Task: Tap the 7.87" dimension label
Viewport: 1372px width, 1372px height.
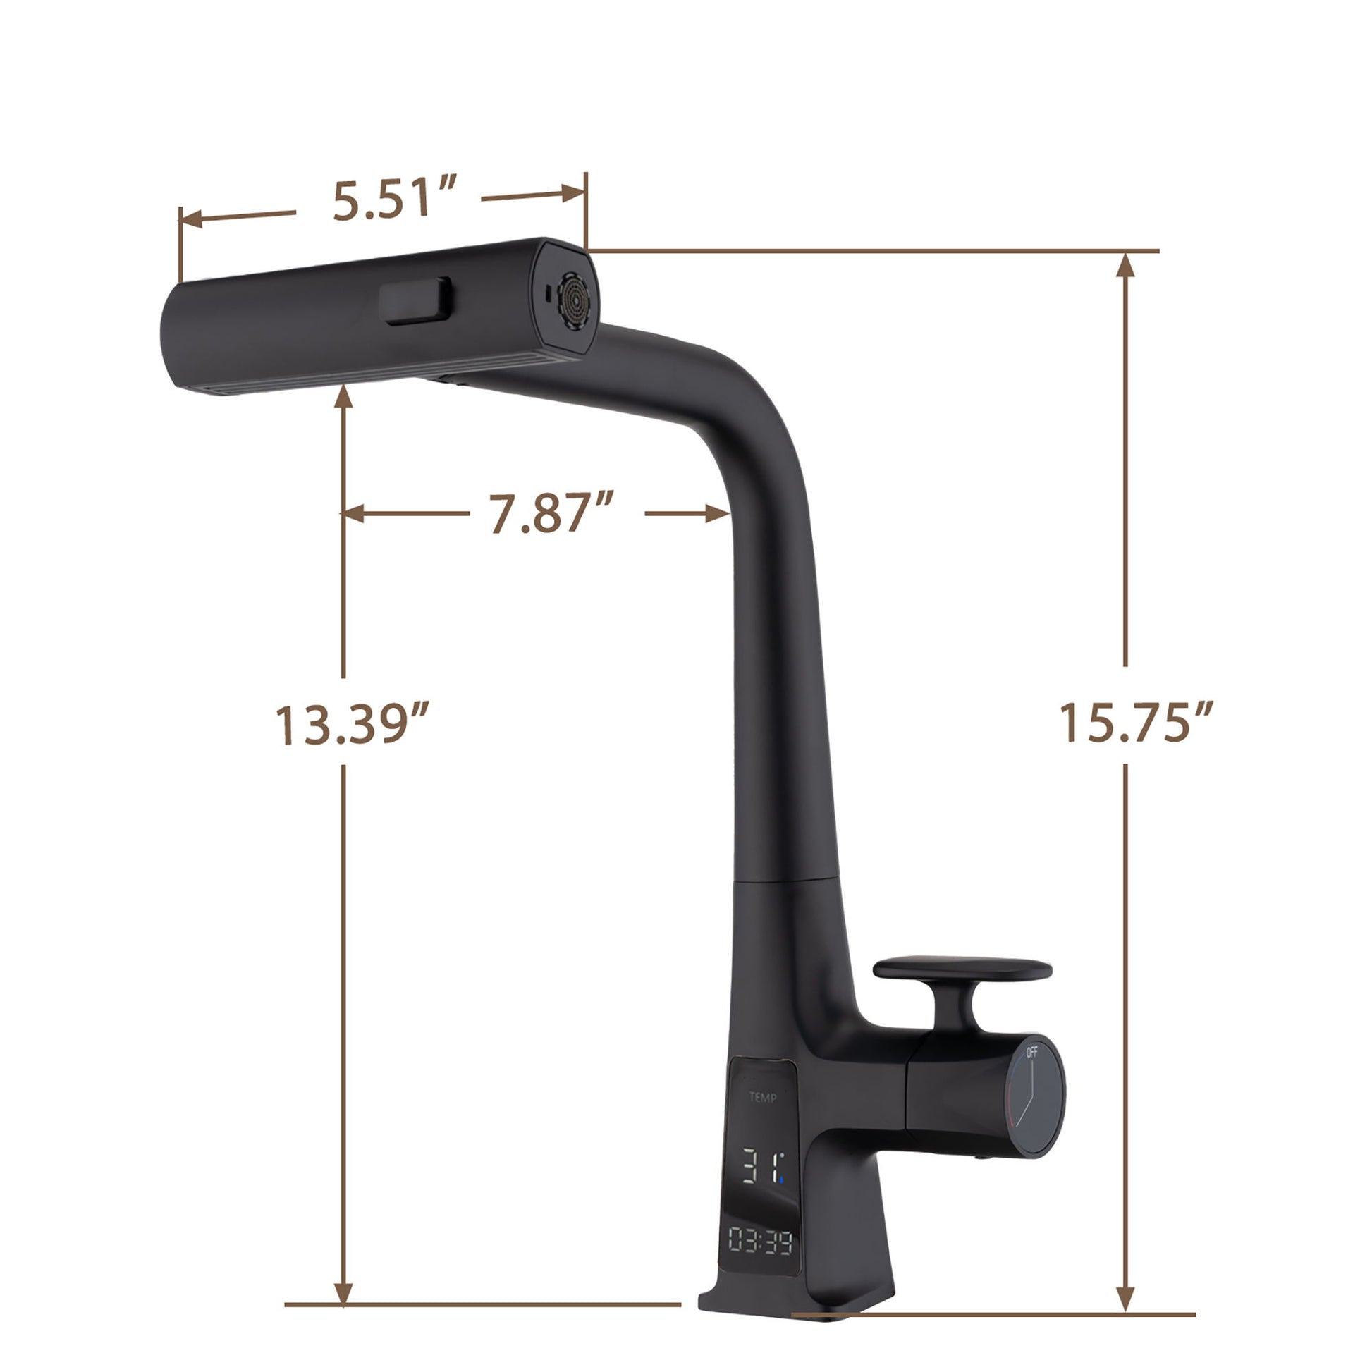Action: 551,513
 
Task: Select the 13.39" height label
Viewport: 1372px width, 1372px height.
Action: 353,724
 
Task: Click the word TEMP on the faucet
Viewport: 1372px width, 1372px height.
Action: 763,1098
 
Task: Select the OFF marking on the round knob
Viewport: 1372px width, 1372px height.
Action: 1032,1052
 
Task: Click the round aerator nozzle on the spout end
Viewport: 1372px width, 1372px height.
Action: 574,302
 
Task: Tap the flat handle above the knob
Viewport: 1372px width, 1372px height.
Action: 962,968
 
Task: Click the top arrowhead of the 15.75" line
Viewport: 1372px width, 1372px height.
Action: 1125,264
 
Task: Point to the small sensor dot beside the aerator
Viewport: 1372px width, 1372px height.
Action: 546,291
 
